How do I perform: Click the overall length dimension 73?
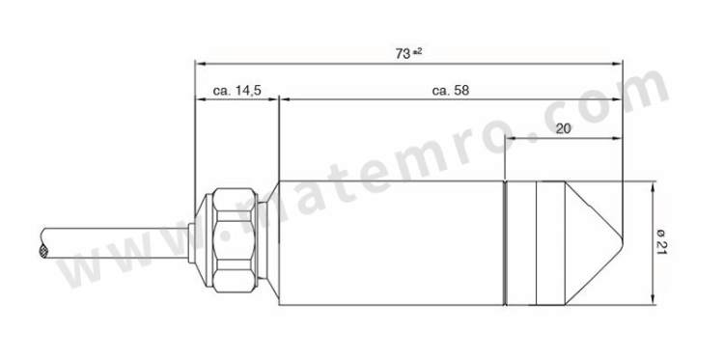(403, 54)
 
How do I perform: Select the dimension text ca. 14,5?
(237, 91)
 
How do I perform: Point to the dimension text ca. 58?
(450, 91)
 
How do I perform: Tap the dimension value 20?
(563, 128)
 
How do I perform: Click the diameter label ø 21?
(661, 243)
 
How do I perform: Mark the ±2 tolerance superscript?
(417, 51)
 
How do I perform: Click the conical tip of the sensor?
(594, 243)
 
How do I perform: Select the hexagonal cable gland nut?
(234, 240)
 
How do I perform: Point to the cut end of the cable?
(42, 251)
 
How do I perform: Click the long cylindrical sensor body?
(391, 243)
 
